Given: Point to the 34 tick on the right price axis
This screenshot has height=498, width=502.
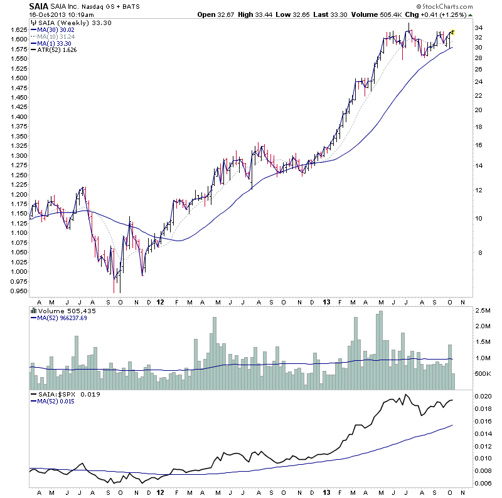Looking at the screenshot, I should tap(479, 28).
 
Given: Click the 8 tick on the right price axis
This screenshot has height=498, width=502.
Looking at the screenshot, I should tap(478, 253).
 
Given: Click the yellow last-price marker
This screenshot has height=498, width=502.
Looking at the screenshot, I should tap(453, 32).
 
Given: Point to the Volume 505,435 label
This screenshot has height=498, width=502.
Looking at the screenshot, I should tap(61, 309).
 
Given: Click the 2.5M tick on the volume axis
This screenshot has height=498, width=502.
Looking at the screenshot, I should tap(482, 311).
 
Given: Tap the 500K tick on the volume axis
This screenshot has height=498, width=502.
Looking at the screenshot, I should tap(482, 374).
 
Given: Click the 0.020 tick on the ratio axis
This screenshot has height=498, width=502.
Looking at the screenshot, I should tap(484, 397).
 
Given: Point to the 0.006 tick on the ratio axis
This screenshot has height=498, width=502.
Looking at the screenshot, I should tap(484, 483).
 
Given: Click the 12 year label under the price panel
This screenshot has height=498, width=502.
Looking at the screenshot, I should tap(161, 301).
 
